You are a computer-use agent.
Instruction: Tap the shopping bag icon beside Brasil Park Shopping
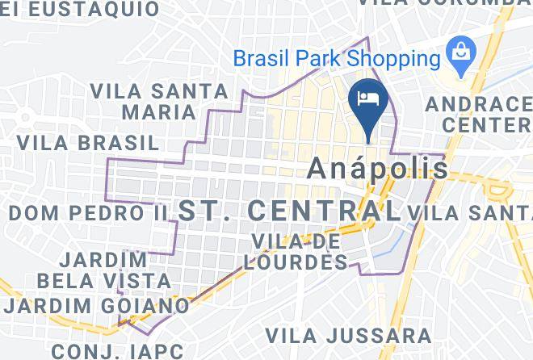(x=460, y=53)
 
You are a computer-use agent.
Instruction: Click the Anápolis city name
(x=379, y=168)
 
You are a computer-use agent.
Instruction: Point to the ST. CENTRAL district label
(x=289, y=211)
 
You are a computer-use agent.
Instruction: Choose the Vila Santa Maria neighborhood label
(x=144, y=99)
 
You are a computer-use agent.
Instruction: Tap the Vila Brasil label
(x=88, y=143)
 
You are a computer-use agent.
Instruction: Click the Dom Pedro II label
(x=88, y=213)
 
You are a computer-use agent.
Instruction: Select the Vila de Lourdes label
(x=300, y=251)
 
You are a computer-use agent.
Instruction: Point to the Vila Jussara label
(x=349, y=335)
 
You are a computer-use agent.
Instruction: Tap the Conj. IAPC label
(x=116, y=351)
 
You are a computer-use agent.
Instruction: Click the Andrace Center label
(x=480, y=115)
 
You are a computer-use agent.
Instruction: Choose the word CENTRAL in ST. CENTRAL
(x=324, y=211)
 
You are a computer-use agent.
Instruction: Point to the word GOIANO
(x=145, y=306)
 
